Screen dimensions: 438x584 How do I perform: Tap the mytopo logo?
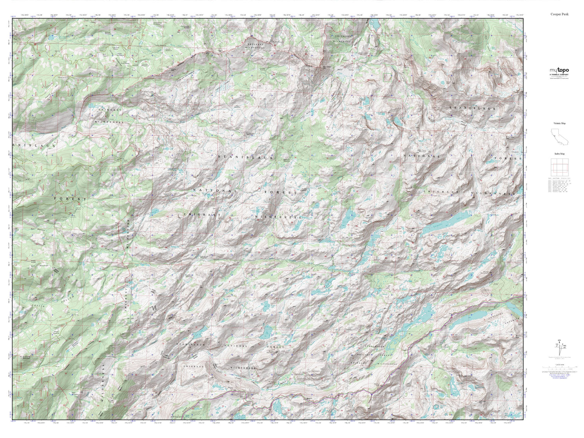coord(558,70)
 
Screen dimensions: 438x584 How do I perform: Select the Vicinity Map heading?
coord(559,123)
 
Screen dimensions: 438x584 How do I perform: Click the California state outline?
coord(558,137)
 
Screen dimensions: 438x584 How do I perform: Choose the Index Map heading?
coord(559,154)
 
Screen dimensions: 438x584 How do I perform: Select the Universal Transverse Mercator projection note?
coord(559,371)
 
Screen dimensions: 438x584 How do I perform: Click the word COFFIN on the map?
coord(37,306)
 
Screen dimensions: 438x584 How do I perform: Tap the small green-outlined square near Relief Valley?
coord(387,77)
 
